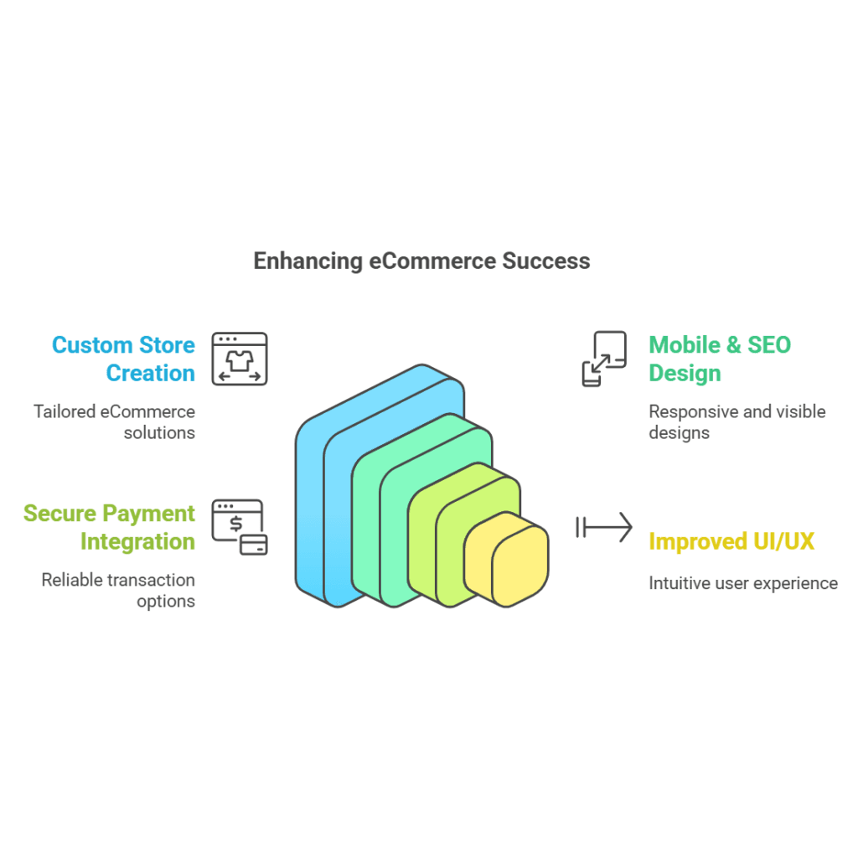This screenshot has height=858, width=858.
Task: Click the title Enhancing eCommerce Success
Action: click(422, 261)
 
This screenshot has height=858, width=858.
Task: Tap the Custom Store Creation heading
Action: click(124, 359)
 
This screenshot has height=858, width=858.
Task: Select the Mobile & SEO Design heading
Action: click(720, 359)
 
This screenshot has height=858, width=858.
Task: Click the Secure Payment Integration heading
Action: click(110, 528)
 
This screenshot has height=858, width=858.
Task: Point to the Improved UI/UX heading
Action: click(731, 542)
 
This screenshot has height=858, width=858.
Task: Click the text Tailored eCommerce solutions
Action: click(114, 422)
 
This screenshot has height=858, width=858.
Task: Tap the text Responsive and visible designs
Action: click(737, 422)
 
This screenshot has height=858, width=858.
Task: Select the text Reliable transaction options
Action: click(118, 591)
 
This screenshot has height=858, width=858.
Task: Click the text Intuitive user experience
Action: click(743, 583)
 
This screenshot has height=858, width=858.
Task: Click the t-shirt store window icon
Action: click(240, 359)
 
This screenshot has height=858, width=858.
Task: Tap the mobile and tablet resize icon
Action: click(604, 359)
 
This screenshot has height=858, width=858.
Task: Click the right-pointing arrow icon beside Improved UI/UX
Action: click(604, 528)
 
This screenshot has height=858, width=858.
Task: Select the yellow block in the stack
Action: click(506, 559)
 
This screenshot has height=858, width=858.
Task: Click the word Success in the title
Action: click(546, 261)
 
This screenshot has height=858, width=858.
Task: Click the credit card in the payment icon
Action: click(254, 545)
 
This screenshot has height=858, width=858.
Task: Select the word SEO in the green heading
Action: click(769, 345)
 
